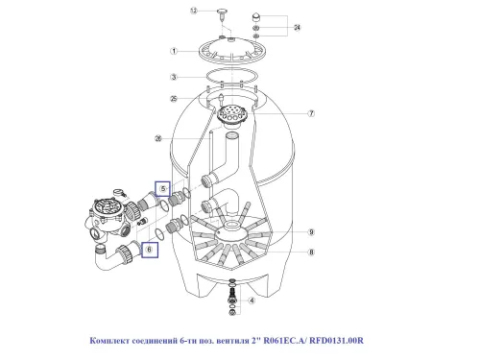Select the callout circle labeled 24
[295, 29]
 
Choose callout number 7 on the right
[311, 113]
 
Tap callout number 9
[311, 231]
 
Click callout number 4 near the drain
[252, 300]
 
